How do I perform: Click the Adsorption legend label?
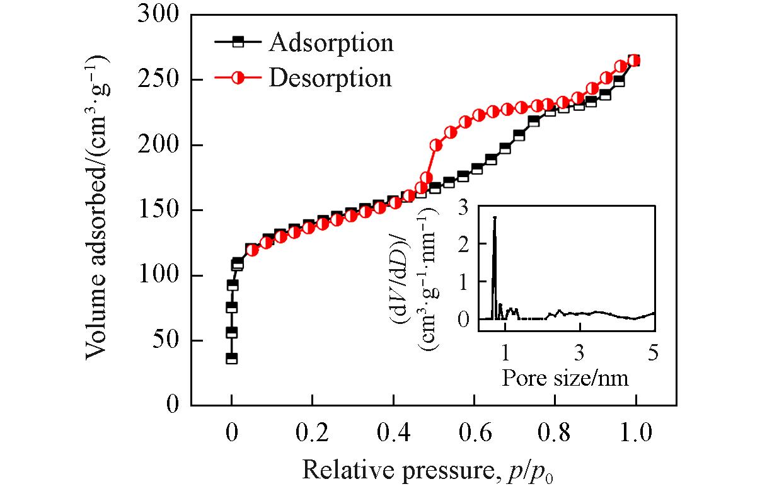(x=331, y=43)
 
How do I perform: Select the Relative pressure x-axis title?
(x=429, y=470)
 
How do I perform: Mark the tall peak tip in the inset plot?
(x=495, y=217)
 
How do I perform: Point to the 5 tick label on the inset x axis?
(x=653, y=352)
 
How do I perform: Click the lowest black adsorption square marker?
(x=232, y=359)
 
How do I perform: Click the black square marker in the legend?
(x=238, y=42)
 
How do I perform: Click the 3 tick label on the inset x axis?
(x=579, y=352)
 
